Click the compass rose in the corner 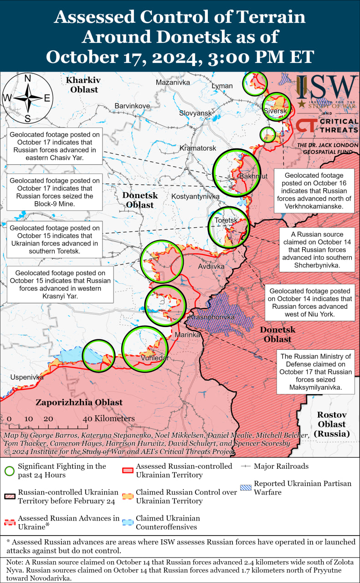coord(27,98)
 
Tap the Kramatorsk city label coord(198,148)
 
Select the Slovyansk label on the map coord(195,113)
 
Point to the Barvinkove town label coord(132,106)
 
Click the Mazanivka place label coord(173,82)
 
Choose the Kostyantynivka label coord(195,196)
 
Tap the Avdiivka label coord(211,266)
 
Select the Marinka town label coord(188,335)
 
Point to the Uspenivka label coord(27,377)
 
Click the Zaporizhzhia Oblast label coord(79,402)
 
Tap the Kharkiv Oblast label coord(83,85)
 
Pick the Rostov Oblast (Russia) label coord(332,424)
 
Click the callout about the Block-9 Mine coord(55,192)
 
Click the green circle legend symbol coord(10,470)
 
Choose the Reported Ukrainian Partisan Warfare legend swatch coord(246,487)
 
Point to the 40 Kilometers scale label coord(109,419)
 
